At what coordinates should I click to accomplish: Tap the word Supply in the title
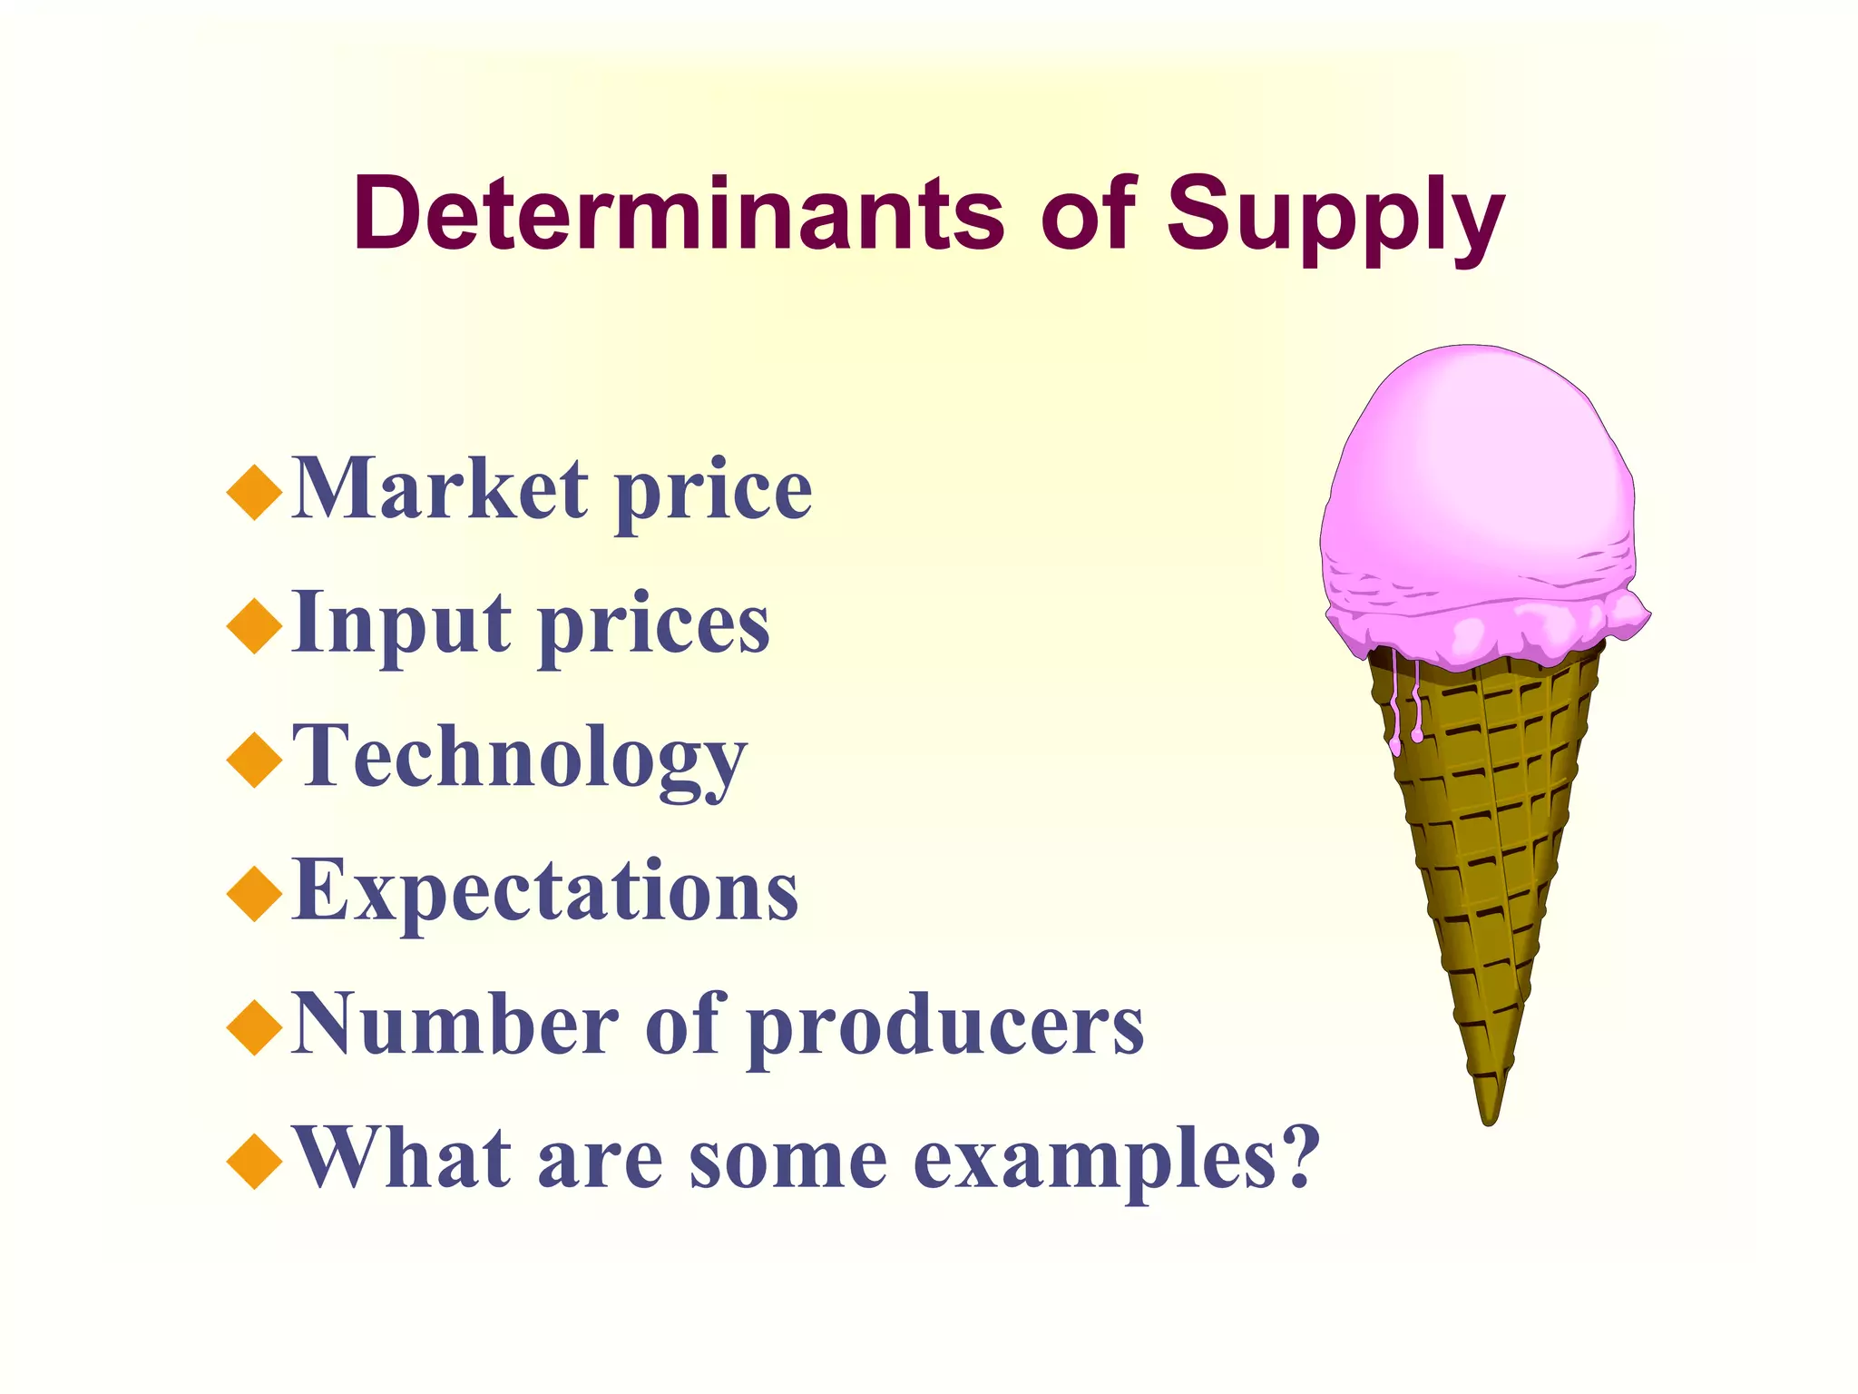1335,218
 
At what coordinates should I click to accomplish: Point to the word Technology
520,759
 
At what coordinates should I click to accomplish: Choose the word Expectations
545,891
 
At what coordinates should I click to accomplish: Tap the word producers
948,1027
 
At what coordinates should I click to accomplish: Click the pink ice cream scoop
1479,490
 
